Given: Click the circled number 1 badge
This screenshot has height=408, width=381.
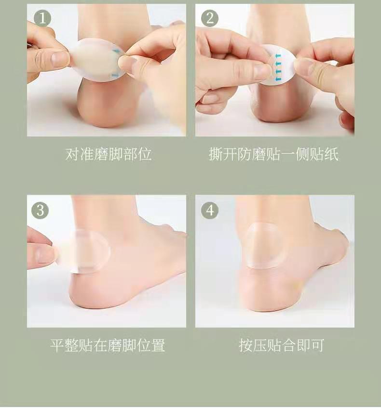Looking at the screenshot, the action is click(x=42, y=18).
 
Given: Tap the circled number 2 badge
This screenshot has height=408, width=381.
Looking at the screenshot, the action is click(x=210, y=18).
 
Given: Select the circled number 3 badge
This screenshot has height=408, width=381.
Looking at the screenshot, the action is click(x=40, y=210).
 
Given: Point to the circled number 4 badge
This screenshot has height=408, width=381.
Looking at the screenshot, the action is click(x=210, y=210).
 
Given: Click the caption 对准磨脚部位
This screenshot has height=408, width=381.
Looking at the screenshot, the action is click(x=109, y=154).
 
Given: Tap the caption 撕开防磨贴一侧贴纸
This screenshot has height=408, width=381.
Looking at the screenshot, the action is click(x=273, y=154).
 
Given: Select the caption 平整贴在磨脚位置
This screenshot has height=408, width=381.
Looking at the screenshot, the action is click(x=108, y=345).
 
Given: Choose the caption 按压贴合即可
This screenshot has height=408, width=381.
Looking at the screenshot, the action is click(x=282, y=345).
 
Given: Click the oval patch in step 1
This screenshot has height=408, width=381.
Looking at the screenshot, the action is click(x=98, y=60).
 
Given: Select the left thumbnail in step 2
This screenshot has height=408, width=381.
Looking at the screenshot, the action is click(x=261, y=70).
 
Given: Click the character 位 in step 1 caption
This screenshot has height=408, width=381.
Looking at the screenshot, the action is click(x=145, y=154).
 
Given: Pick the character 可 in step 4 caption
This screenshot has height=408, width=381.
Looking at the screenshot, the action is click(x=317, y=345).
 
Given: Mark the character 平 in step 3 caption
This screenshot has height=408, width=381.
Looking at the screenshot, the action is click(x=57, y=345).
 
